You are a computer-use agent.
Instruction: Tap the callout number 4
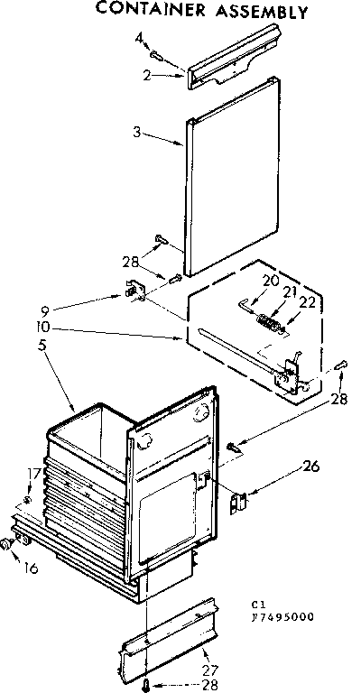pos(139,38)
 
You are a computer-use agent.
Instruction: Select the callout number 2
pos(146,76)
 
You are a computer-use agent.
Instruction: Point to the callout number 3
pos(136,132)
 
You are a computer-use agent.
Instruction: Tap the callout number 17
pos(32,472)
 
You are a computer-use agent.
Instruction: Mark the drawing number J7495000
pos(282,617)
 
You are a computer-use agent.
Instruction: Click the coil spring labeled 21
pos(267,320)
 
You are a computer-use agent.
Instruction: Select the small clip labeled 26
pos(239,501)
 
